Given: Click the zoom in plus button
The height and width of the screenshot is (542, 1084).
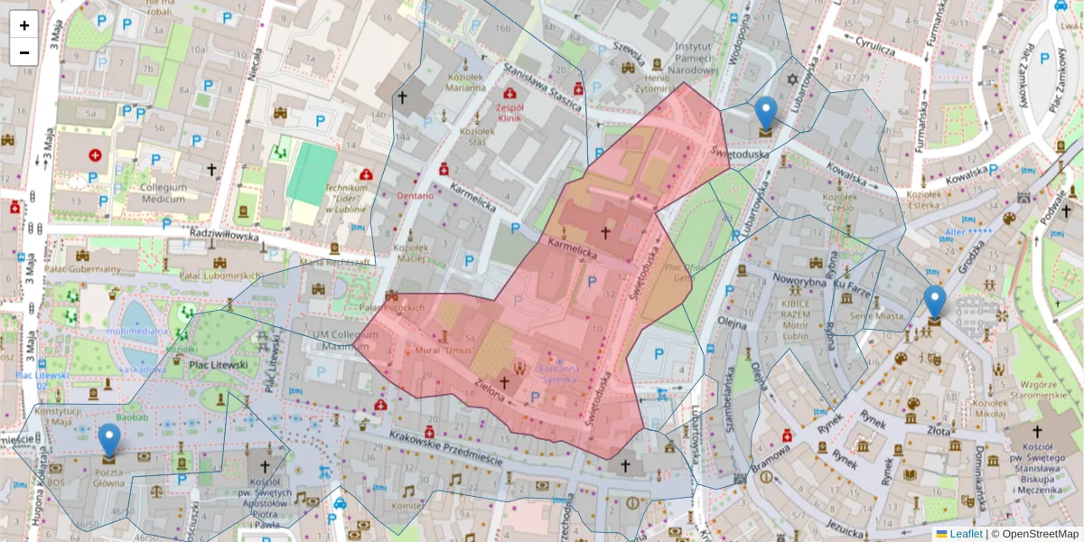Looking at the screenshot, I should (24, 25).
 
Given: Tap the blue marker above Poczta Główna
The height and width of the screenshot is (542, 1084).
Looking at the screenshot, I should (108, 440).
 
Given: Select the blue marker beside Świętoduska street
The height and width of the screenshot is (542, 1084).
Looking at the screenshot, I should (766, 114).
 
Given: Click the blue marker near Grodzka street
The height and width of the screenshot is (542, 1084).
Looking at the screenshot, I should (935, 303).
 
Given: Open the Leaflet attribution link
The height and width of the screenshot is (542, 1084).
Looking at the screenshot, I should (966, 534).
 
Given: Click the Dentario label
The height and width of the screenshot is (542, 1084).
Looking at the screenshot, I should (414, 194).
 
